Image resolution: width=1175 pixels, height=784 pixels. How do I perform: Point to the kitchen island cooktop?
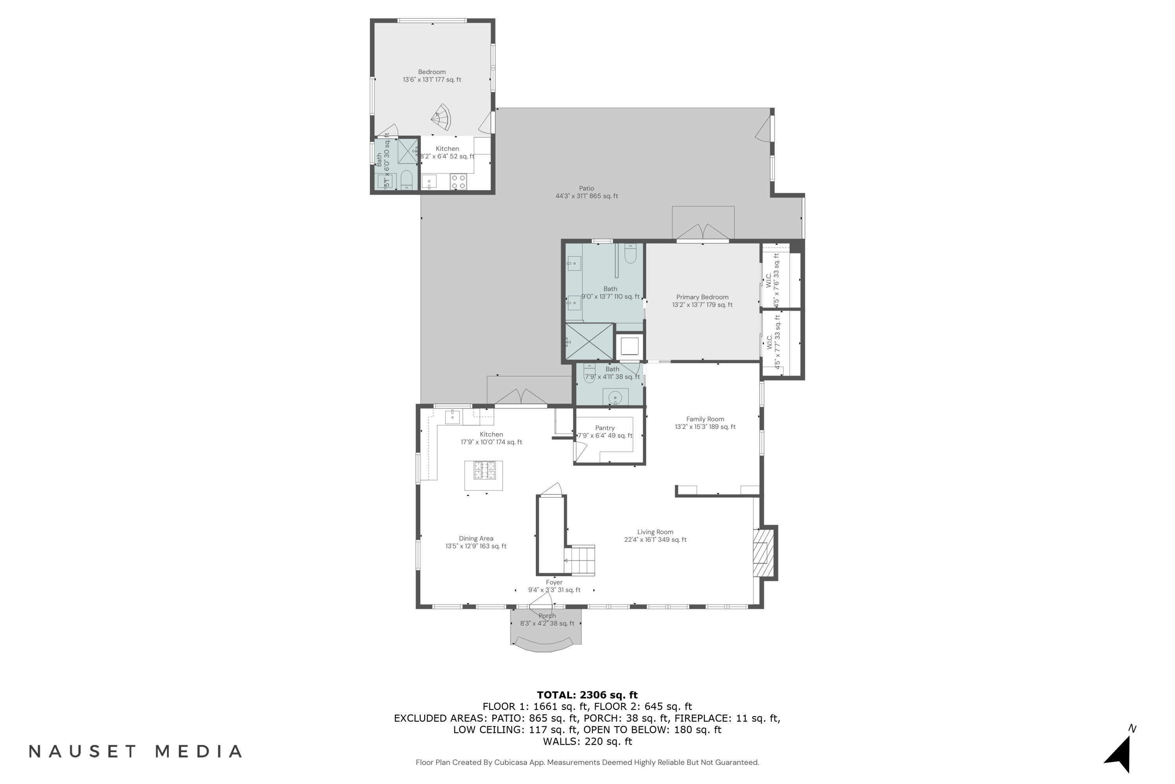[484, 470]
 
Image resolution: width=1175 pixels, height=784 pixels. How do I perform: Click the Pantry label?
[605, 428]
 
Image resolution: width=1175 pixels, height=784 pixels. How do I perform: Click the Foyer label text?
[554, 582]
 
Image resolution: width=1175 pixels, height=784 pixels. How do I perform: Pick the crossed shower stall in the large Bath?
[589, 341]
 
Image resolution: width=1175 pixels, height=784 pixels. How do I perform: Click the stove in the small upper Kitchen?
[459, 181]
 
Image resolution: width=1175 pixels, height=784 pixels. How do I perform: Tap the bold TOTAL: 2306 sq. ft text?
[587, 695]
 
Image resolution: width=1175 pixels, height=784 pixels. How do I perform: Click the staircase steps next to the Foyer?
[580, 560]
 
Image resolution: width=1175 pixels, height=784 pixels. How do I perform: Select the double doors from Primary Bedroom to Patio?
[703, 232]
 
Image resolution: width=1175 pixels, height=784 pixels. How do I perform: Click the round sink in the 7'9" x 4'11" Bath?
[615, 398]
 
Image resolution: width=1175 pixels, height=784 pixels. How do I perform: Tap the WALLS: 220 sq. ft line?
[587, 741]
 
